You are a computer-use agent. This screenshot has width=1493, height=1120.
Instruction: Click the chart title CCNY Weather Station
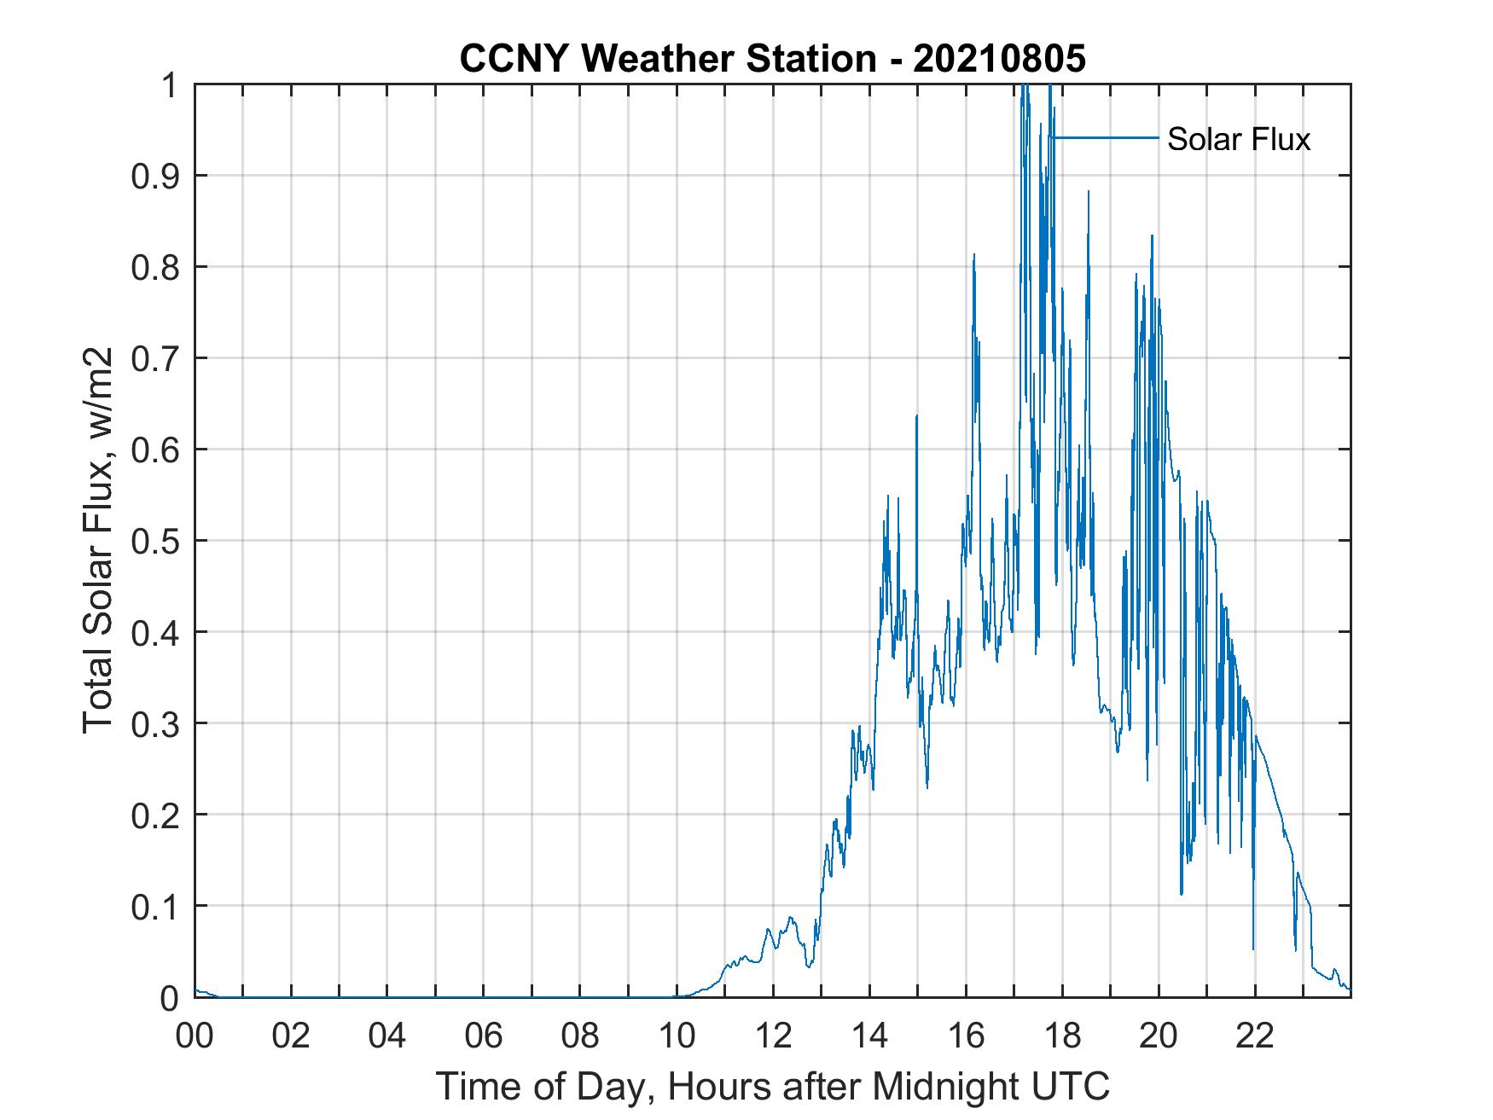click(668, 59)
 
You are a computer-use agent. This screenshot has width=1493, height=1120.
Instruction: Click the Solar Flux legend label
click(1238, 139)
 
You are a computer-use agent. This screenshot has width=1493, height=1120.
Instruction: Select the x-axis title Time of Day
click(772, 1086)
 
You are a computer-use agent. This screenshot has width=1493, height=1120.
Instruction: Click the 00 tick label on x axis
click(195, 1036)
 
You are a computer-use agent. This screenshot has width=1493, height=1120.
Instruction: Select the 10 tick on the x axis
click(677, 1036)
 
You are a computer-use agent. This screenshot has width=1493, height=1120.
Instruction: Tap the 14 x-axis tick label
click(869, 1036)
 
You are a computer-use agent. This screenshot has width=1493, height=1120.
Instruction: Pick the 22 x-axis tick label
click(1255, 1036)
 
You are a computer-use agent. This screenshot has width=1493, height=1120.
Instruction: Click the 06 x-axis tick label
click(484, 1036)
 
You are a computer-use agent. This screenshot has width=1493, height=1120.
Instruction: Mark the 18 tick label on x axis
click(1062, 1036)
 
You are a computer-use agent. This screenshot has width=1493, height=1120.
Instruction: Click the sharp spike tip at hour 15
click(916, 416)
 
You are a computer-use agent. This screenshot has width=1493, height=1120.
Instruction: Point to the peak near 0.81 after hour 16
click(973, 255)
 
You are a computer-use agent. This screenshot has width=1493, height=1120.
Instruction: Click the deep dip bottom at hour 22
click(1253, 949)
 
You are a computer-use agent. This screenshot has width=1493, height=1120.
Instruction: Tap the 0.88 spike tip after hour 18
click(1089, 192)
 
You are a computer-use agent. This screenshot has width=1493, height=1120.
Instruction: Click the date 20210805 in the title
click(999, 59)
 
